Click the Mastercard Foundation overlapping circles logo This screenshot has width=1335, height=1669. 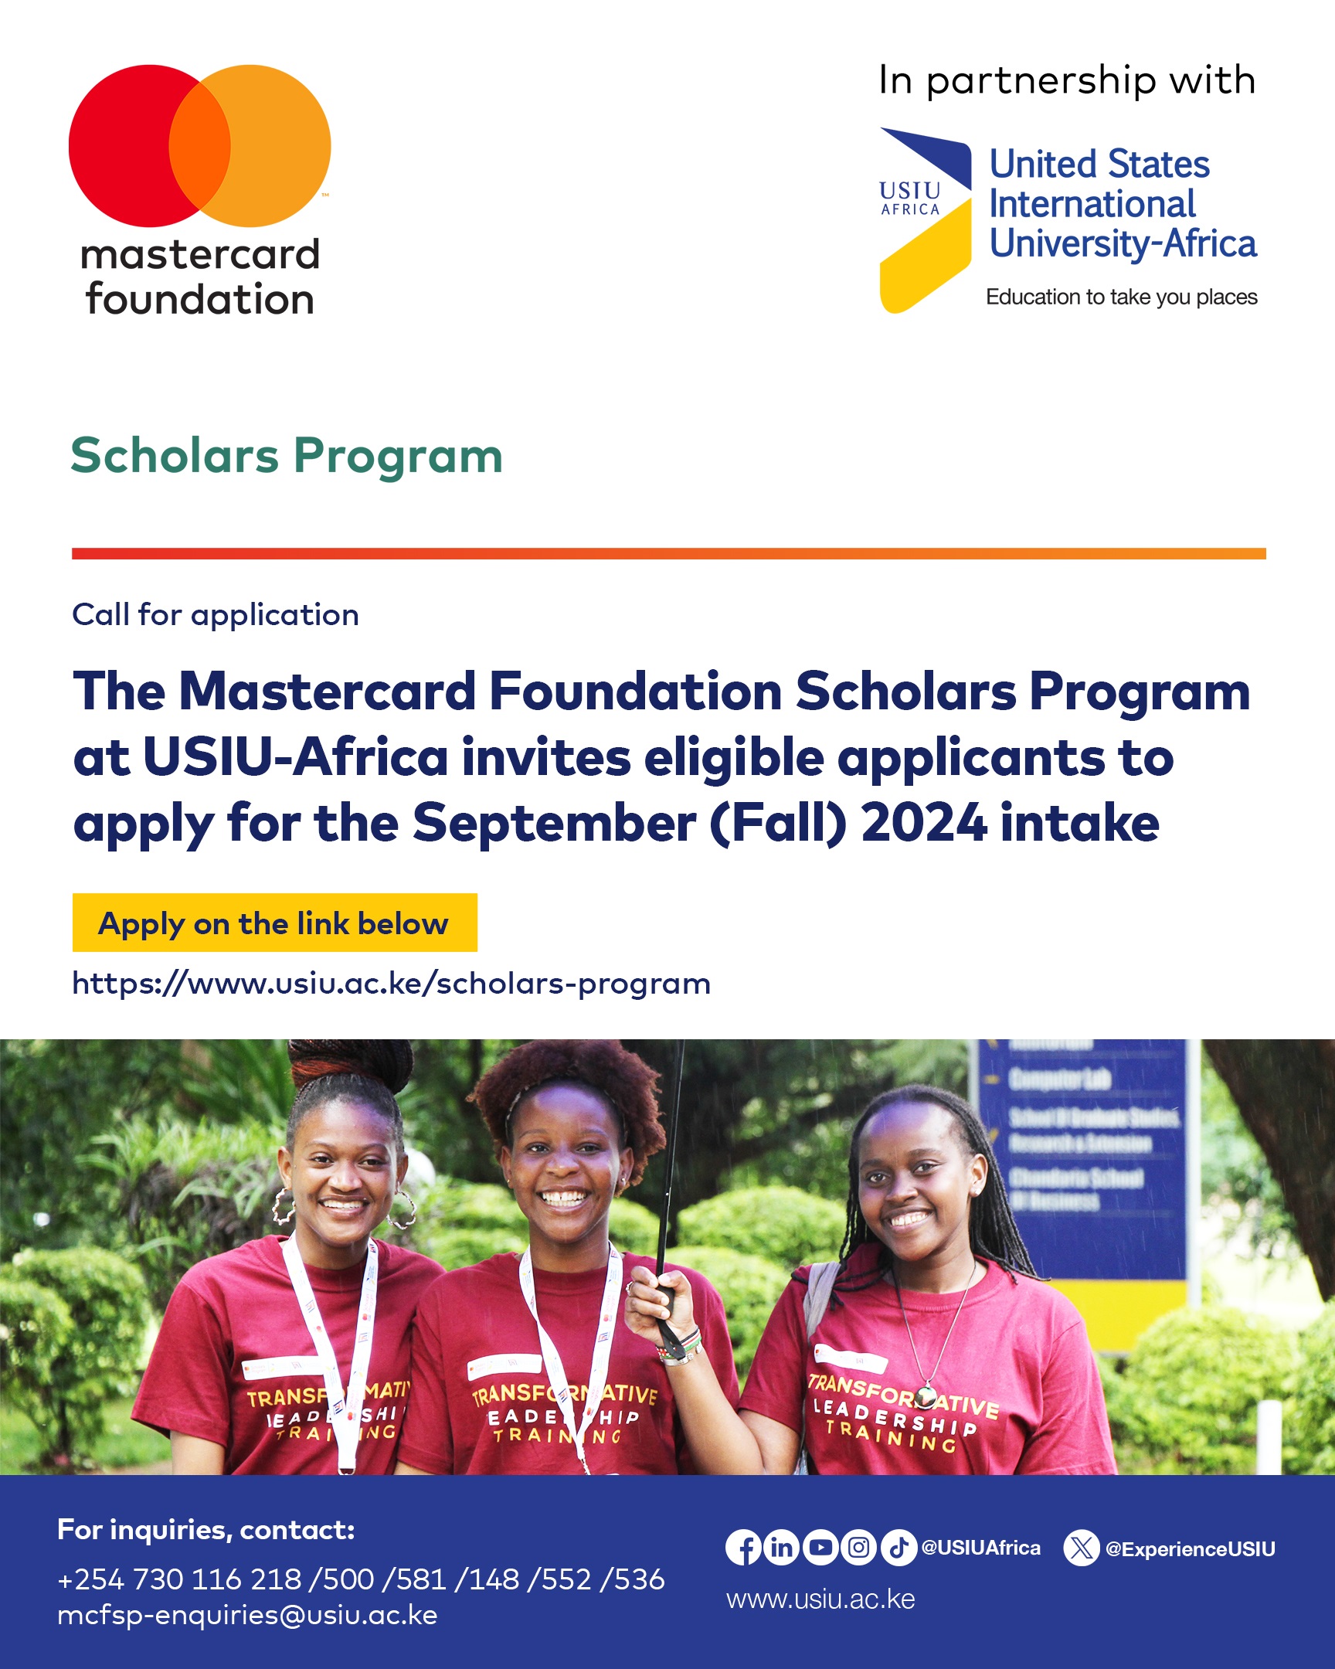pyautogui.click(x=199, y=145)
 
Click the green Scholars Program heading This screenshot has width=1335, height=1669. pyautogui.click(x=287, y=455)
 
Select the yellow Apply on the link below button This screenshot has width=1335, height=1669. pyautogui.click(x=275, y=923)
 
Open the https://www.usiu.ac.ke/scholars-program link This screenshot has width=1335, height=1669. pyautogui.click(x=391, y=983)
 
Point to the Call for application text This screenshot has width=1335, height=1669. pyautogui.click(x=215, y=614)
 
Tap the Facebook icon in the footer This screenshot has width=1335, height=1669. pyautogui.click(x=744, y=1548)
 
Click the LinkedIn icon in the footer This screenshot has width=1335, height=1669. pyautogui.click(x=782, y=1548)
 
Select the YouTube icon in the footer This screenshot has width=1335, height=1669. pyautogui.click(x=820, y=1548)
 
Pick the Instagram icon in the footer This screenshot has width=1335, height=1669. pyautogui.click(x=858, y=1548)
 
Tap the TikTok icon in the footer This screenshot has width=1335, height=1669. pyautogui.click(x=898, y=1548)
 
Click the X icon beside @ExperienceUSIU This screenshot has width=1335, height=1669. pyautogui.click(x=1081, y=1548)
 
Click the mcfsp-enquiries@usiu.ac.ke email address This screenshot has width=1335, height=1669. pyautogui.click(x=248, y=1616)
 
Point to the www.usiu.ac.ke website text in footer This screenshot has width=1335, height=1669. pyautogui.click(x=820, y=1599)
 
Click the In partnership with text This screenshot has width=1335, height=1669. pyautogui.click(x=1066, y=80)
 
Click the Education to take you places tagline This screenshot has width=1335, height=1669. pyautogui.click(x=1122, y=297)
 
